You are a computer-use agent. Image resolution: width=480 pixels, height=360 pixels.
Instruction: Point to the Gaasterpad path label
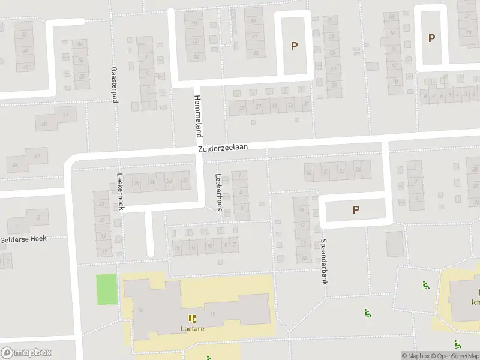coord(113,85)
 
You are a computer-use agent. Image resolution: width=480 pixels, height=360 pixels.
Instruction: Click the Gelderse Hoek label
coord(23,239)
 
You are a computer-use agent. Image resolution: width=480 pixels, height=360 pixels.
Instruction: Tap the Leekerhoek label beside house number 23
coord(120,192)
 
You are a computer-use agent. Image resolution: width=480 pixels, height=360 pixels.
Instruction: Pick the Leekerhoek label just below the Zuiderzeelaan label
coord(219,191)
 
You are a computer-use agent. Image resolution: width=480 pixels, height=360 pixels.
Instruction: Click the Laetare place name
coord(191,328)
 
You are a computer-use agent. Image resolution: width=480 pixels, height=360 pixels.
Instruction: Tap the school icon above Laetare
coord(191,319)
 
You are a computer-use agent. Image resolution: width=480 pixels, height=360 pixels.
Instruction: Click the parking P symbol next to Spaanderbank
coord(356,210)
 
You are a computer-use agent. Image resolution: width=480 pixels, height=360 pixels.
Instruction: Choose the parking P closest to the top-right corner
coord(431,38)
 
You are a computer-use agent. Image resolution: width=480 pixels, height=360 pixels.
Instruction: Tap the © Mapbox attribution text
coord(416,356)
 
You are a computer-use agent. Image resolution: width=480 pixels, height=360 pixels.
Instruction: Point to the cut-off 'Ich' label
coord(475,302)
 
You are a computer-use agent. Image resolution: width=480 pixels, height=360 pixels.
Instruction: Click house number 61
coord(65,115)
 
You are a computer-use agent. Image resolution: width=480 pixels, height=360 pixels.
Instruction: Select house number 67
coord(37,157)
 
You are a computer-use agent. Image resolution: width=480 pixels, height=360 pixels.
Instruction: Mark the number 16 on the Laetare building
coord(140,310)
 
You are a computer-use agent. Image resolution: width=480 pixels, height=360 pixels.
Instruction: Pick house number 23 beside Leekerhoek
coord(102,204)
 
